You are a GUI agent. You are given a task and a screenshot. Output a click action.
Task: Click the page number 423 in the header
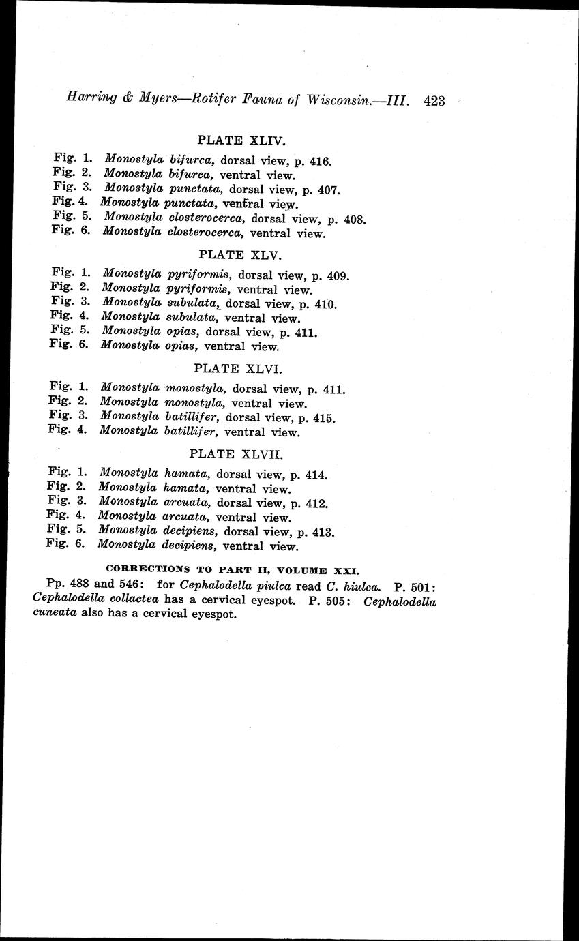pyautogui.click(x=434, y=101)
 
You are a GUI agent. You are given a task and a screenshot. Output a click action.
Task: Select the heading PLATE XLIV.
pyautogui.click(x=240, y=140)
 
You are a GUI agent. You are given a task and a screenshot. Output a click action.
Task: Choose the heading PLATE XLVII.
pyautogui.click(x=233, y=453)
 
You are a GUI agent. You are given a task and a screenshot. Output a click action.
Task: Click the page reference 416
pyautogui.click(x=320, y=162)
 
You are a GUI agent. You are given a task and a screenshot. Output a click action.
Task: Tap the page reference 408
pyautogui.click(x=355, y=220)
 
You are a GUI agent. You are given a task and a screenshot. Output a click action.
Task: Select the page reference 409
pyautogui.click(x=338, y=276)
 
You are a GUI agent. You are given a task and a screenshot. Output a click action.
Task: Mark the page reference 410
pyautogui.click(x=325, y=304)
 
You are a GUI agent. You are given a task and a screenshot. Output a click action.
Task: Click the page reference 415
pyautogui.click(x=324, y=417)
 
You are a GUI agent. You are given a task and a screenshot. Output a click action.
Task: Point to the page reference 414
pyautogui.click(x=317, y=475)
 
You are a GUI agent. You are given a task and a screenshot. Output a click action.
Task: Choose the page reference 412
pyautogui.click(x=317, y=504)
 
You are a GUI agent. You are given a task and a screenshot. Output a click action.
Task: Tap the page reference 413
pyautogui.click(x=323, y=532)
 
